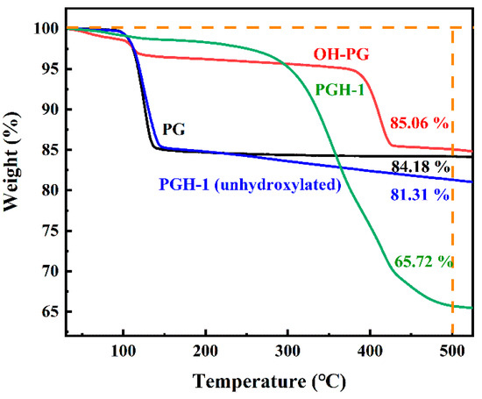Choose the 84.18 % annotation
pyautogui.click(x=421, y=167)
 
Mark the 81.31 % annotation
pyautogui.click(x=421, y=195)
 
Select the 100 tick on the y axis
pyautogui.click(x=47, y=29)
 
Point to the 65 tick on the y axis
pyautogui.click(x=51, y=312)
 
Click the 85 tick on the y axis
pyautogui.click(x=51, y=150)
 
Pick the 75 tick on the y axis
pyautogui.click(x=51, y=232)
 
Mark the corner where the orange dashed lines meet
pyautogui.click(x=452, y=28)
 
